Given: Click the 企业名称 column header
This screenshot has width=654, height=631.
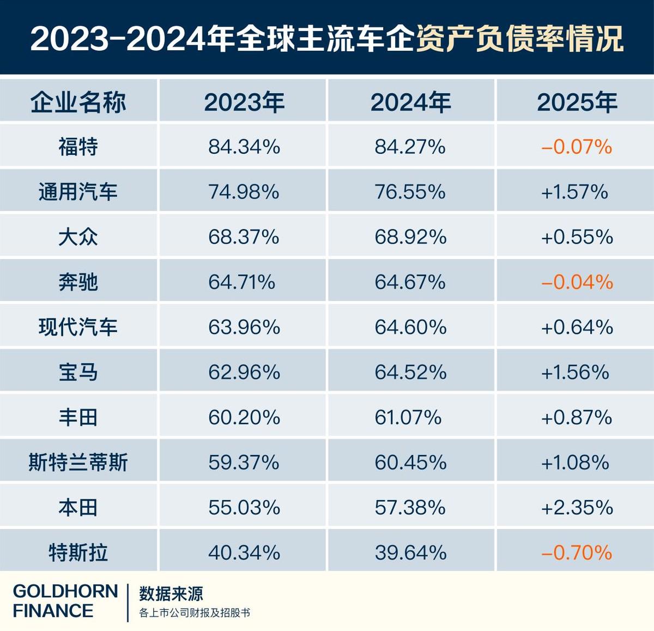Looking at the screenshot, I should point(78,102).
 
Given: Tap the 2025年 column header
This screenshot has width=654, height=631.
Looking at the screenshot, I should point(577,102).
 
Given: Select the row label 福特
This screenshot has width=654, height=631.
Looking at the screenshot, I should point(78,147).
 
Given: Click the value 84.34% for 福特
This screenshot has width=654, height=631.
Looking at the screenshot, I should point(244,147).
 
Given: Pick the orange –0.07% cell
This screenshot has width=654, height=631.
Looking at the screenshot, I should point(577,147).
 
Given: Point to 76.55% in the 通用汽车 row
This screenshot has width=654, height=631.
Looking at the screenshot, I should point(410,192).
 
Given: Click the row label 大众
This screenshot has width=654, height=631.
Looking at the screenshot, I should point(78,237).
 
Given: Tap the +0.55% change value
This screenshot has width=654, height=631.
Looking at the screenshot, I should point(577,237).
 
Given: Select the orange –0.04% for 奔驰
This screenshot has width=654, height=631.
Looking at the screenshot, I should point(577,282).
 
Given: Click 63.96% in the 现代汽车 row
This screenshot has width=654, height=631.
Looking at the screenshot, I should point(244,327).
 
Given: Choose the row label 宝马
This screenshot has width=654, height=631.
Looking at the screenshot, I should point(78,372).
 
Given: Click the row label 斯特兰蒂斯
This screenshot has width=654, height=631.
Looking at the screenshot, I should point(78,462).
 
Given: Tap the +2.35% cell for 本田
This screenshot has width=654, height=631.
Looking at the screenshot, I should point(577,508).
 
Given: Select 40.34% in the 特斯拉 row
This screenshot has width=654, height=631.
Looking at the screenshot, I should point(244,552).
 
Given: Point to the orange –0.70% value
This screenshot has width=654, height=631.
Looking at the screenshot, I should point(577,552).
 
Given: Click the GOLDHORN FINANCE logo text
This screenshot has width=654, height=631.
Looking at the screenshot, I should point(65,600).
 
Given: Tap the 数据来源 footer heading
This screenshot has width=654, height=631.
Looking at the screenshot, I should point(171,593).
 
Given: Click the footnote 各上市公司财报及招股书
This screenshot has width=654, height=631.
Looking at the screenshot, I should point(194,613).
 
